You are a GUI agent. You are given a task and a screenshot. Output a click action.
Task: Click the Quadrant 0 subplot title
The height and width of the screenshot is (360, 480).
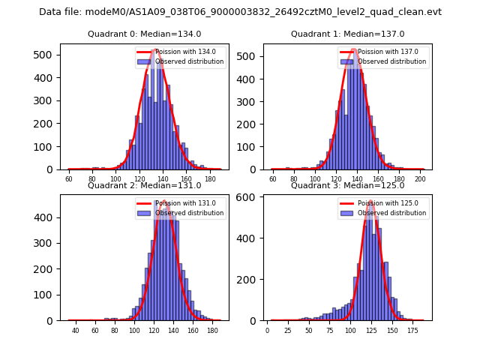coord(144,34)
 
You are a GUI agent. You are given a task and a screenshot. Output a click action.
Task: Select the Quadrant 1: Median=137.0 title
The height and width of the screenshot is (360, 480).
coord(347,34)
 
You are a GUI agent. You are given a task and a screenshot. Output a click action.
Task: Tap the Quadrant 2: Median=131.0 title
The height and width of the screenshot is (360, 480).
coord(144,185)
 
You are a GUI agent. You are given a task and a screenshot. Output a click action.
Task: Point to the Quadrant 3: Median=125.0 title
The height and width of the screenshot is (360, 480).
coord(347,185)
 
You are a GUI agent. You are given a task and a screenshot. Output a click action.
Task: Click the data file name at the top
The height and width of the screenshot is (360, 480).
coord(240,12)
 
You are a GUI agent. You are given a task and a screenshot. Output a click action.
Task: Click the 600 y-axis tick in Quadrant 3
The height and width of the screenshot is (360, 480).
coord(250,197)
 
